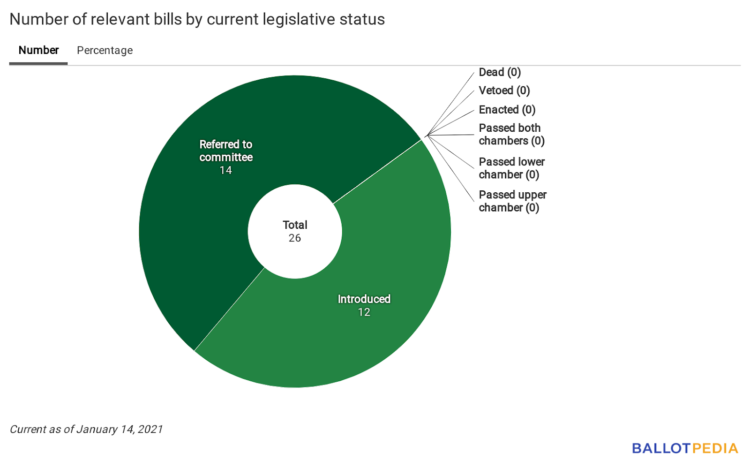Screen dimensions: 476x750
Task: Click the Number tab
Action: pos(38,50)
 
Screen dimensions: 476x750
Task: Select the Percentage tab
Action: pos(105,50)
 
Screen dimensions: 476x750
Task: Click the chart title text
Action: pos(197,19)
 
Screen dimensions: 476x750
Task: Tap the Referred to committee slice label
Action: pos(226,151)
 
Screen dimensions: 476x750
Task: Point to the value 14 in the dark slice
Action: pos(226,170)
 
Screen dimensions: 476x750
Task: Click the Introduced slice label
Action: pos(364,299)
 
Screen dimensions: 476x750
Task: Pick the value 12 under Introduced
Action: pos(364,312)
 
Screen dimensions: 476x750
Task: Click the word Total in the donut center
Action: pos(295,225)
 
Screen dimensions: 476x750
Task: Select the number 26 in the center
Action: pos(295,238)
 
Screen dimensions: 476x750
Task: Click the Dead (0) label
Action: pos(500,72)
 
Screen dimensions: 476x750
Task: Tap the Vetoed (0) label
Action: pos(504,91)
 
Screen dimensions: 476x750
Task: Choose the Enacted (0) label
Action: pos(507,110)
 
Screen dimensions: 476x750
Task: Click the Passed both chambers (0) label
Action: pos(511,135)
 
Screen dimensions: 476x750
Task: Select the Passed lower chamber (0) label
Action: pos(511,168)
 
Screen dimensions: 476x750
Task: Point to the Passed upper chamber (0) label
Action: pos(512,201)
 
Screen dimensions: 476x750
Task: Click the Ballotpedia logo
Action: pos(684,448)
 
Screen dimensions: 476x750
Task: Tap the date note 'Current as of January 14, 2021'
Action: pos(86,429)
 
